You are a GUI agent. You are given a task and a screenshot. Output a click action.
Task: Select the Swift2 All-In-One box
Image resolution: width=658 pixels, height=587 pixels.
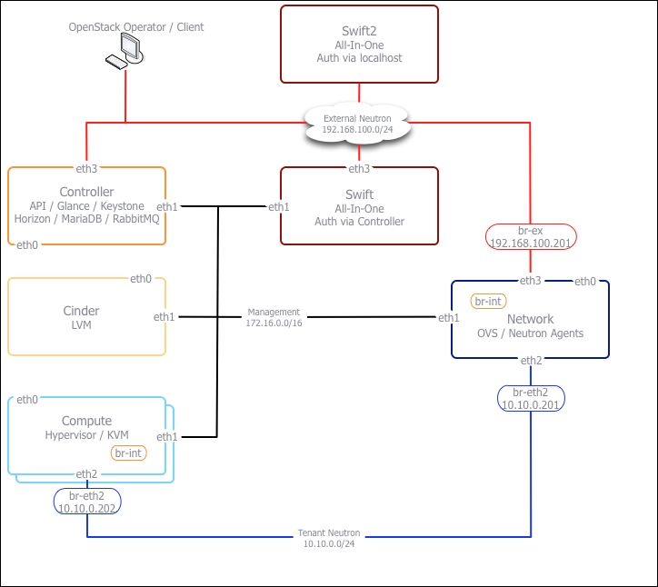point(359,45)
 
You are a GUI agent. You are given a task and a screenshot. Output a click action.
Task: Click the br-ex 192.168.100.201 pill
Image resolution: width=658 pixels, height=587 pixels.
point(530,237)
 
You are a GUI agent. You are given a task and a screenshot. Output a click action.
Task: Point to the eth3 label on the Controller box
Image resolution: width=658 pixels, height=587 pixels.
point(87,168)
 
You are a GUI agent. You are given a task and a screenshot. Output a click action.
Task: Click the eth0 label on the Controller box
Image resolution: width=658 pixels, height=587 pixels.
point(28,244)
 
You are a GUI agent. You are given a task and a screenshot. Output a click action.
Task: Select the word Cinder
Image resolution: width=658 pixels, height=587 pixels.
point(81,311)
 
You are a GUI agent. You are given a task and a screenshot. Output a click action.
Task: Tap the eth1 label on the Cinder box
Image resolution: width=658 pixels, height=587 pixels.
point(164,317)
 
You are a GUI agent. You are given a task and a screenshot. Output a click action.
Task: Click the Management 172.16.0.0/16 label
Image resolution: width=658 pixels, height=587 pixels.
point(273,317)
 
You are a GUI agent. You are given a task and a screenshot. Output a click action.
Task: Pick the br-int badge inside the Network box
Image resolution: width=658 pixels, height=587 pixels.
point(487,301)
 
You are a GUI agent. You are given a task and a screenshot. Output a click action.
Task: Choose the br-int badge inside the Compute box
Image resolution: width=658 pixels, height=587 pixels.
point(128,453)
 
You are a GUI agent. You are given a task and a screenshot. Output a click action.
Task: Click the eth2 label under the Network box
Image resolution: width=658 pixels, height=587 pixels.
point(532,361)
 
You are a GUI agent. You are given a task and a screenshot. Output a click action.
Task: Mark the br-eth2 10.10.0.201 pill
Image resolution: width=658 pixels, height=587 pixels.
point(531,398)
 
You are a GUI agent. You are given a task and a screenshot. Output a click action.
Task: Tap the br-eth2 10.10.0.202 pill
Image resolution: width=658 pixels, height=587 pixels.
point(86,502)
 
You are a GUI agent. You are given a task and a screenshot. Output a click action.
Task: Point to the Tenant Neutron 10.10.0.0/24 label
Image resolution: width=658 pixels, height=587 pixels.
point(329,538)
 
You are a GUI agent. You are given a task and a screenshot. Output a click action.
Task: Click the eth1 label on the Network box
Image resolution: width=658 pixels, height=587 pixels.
point(449,318)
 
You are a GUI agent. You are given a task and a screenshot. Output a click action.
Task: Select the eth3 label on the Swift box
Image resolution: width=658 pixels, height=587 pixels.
point(359,168)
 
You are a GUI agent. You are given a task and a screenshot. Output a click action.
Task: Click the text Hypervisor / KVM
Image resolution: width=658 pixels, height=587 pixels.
point(86,436)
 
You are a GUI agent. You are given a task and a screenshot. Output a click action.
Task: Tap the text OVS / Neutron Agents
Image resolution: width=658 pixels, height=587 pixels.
point(530,333)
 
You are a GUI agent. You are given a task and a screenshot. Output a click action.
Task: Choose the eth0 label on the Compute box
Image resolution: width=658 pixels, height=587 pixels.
point(27,399)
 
